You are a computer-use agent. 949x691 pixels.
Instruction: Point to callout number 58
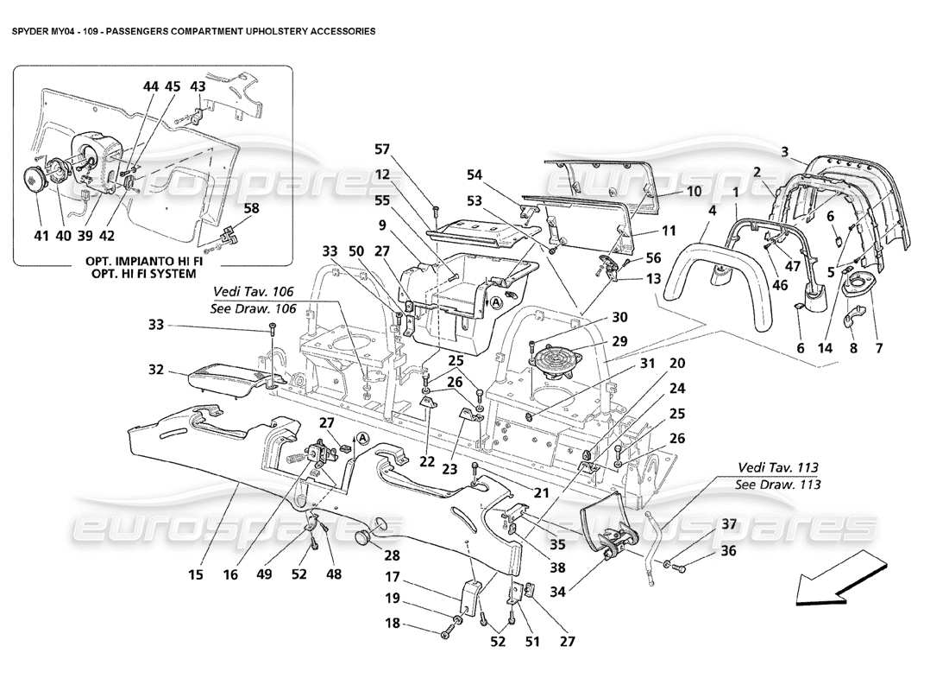click(251, 208)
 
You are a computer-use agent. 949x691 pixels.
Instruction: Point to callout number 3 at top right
click(784, 151)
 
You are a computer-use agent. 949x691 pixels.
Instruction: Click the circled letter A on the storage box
click(497, 303)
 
